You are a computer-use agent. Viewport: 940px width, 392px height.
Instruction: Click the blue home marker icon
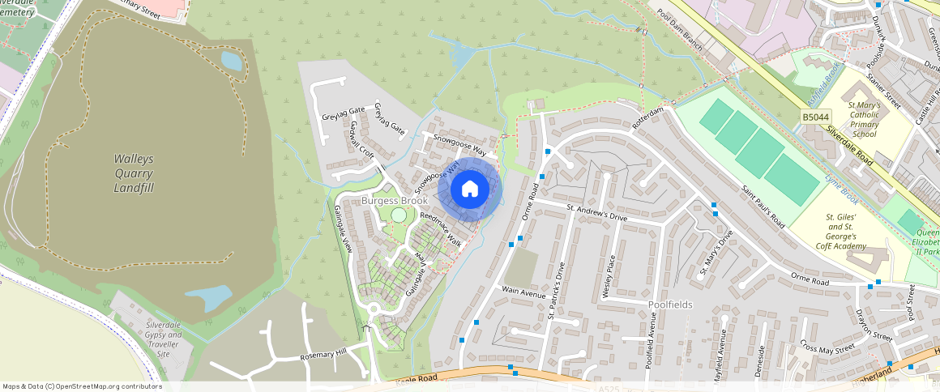click(470, 190)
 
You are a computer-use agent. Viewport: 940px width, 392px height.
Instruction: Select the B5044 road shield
click(815, 118)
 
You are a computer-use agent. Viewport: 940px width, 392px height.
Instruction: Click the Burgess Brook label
click(395, 200)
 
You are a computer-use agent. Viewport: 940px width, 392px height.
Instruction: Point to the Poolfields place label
click(670, 305)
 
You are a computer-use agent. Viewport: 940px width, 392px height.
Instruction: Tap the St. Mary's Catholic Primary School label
click(864, 120)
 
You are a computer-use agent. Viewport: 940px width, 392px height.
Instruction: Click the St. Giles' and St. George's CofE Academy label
click(846, 232)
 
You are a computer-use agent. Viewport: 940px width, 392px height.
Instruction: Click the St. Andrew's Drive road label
click(596, 213)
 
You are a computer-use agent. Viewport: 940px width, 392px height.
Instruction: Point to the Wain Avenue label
click(523, 292)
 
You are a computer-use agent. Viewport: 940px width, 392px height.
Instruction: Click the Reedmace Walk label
click(440, 229)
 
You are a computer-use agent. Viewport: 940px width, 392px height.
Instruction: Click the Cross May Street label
click(827, 347)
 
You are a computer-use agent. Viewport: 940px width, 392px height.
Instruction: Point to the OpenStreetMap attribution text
click(81, 386)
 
